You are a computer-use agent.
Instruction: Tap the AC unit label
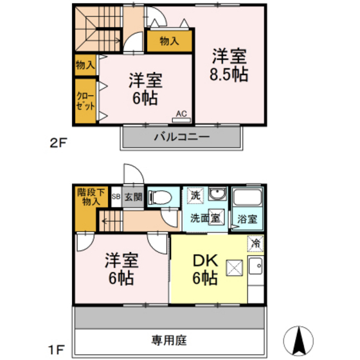tap(181, 114)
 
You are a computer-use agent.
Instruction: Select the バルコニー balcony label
tap(181, 137)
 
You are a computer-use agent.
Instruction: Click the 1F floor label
tap(56, 350)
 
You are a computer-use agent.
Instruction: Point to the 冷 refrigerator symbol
tap(255, 244)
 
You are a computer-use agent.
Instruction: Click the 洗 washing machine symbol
tap(194, 195)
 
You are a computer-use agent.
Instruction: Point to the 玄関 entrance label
tap(134, 197)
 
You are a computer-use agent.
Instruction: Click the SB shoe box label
tap(116, 197)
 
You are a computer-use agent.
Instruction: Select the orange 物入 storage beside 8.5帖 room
tap(169, 42)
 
